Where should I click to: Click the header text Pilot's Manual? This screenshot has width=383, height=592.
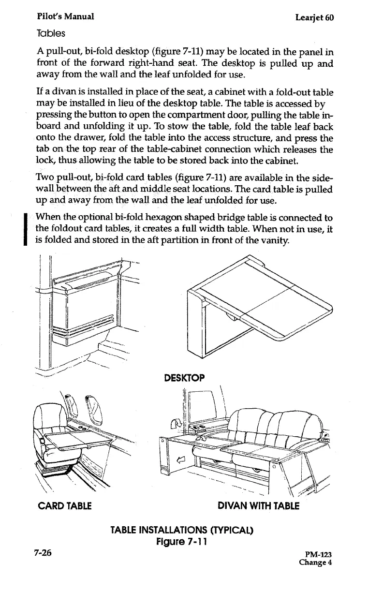(x=65, y=17)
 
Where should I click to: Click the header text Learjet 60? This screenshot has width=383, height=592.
(x=315, y=18)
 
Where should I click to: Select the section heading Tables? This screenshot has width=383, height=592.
(x=51, y=34)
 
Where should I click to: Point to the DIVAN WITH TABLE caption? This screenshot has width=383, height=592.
(x=259, y=506)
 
